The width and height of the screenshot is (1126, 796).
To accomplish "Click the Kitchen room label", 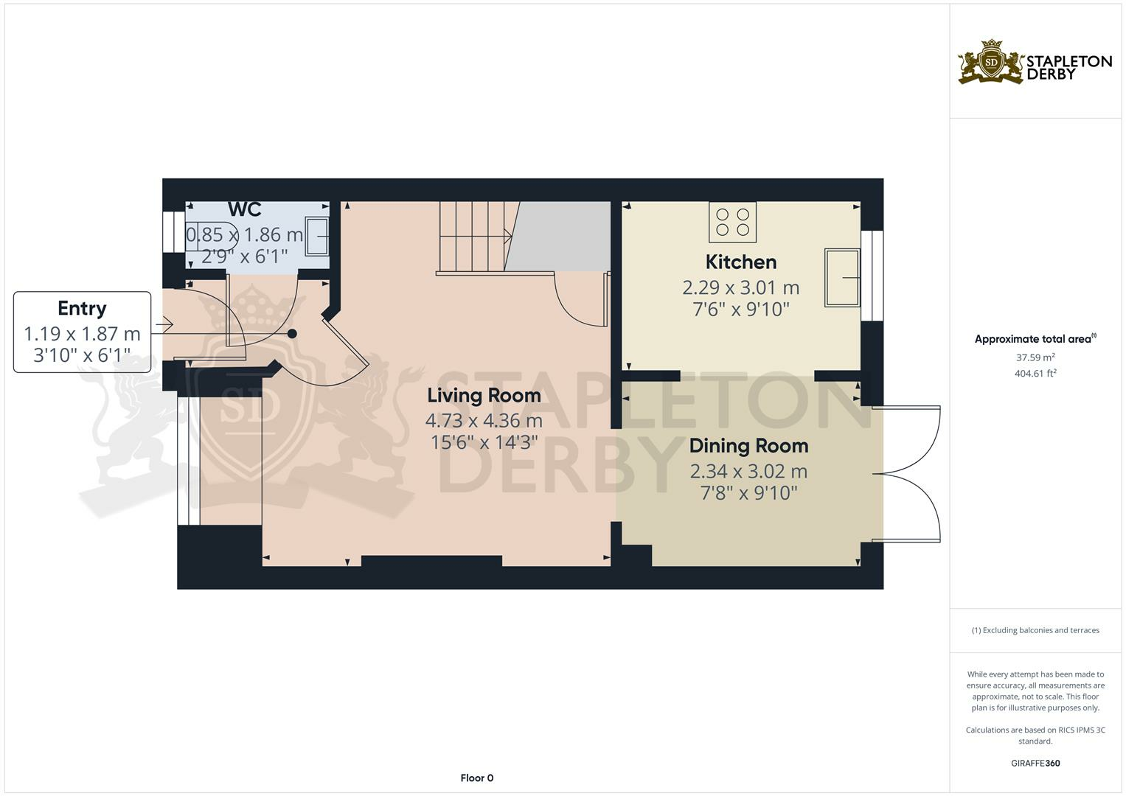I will coord(740,262).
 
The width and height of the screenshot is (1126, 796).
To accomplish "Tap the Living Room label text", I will coord(484,395).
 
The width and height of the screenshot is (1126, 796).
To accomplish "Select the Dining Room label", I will coord(748,445).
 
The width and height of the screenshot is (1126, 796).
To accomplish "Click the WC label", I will coord(244,209).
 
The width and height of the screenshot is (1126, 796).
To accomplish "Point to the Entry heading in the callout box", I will coord(82,308).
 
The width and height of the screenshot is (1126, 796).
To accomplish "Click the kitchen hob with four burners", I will coord(732,222).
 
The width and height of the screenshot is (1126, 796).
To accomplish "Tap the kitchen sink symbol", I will coord(842,278).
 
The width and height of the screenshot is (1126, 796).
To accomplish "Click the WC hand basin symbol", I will coord(318,237).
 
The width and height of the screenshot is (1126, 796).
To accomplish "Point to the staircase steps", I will coord(473,237).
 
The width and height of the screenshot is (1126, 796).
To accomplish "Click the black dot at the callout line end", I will coord(292,334).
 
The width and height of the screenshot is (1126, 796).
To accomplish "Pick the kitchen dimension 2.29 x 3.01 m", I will coord(740,287).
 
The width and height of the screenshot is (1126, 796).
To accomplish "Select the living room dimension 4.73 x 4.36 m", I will coord(484,421).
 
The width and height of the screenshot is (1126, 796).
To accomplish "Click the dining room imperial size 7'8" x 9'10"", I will coord(748,492).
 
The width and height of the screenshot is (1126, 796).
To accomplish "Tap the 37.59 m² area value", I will coord(1035,357).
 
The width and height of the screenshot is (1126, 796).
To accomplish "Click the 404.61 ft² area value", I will coord(1035,374).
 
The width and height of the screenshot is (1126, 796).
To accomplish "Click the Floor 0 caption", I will coord(476,778).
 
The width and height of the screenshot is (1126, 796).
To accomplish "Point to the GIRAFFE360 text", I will coord(1035,763).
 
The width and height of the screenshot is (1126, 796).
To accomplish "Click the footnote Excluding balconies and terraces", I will coord(1035,630).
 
